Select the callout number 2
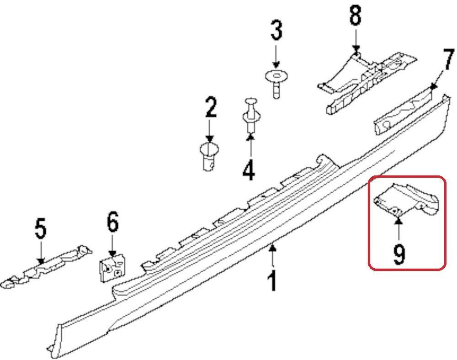pyautogui.click(x=210, y=107)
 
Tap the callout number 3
pyautogui.click(x=276, y=30)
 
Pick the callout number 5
pyautogui.click(x=41, y=228)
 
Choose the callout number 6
pyautogui.click(x=113, y=222)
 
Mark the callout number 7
pyautogui.click(x=448, y=59)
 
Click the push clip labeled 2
pyautogui.click(x=209, y=156)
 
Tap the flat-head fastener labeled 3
pyautogui.click(x=276, y=84)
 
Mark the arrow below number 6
pyautogui.click(x=113, y=245)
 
